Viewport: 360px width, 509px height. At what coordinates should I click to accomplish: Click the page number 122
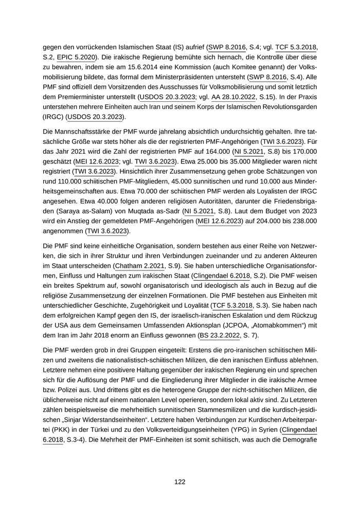(x=179, y=482)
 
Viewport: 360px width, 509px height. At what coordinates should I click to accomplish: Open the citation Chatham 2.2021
(x=140, y=265)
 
